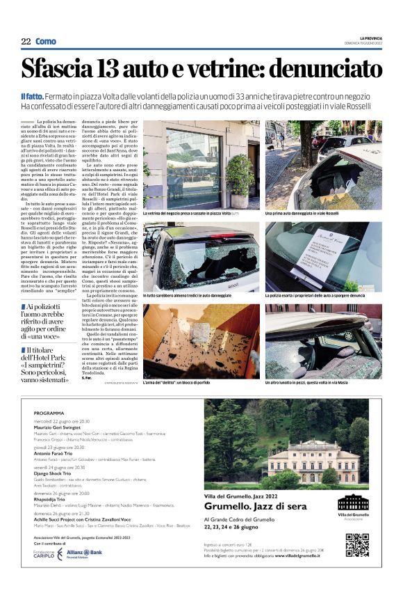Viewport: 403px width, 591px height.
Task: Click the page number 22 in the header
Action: click(26, 41)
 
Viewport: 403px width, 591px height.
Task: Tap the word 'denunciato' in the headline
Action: click(326, 70)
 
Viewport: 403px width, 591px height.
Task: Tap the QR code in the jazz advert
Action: click(356, 544)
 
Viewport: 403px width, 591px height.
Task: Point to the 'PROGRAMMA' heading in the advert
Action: click(49, 413)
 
